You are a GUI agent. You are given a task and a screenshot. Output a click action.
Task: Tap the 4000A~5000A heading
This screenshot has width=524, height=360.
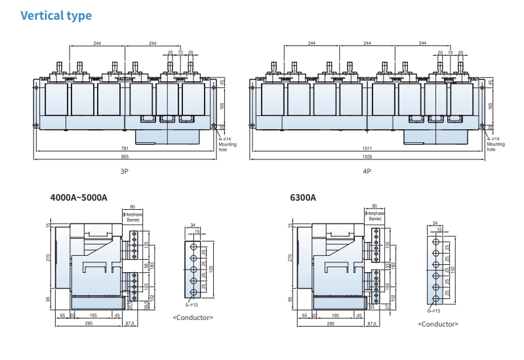[x=79, y=197]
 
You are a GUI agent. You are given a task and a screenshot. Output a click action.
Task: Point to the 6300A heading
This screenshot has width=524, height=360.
[x=303, y=197]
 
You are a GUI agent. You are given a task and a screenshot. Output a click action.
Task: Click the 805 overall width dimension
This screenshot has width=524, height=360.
[x=125, y=157]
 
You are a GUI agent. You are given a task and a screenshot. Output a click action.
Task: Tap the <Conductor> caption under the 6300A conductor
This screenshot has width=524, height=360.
[x=438, y=324]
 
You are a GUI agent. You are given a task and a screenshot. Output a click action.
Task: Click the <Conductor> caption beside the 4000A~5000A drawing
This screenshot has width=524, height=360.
[x=193, y=317]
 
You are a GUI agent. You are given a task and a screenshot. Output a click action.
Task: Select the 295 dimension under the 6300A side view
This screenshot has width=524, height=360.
[x=331, y=324]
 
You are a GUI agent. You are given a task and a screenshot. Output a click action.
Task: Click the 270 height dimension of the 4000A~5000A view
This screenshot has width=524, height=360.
[x=48, y=257]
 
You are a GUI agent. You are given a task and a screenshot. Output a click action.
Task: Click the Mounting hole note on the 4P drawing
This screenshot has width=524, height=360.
[x=496, y=147]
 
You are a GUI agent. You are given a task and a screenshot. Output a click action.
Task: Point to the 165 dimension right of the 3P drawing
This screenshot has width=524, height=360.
[x=222, y=105]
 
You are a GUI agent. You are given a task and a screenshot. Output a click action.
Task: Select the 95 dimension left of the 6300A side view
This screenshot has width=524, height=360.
[x=291, y=300]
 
